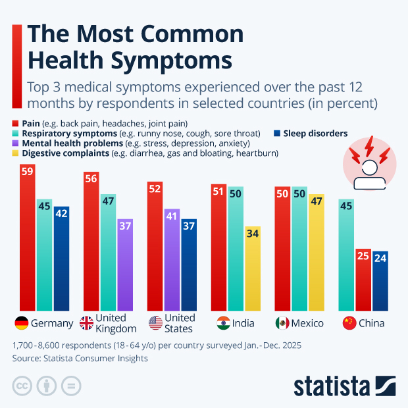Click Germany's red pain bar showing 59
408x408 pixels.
(27, 237)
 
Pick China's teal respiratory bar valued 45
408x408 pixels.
(346, 254)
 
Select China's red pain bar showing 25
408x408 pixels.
(363, 280)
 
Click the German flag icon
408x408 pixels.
(22, 323)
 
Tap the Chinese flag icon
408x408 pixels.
(350, 323)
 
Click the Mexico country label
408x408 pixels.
(308, 323)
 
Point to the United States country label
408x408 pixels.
(180, 323)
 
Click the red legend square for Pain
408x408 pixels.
(16, 123)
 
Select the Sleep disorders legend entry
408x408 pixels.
(314, 134)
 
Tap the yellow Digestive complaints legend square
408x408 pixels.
(16, 153)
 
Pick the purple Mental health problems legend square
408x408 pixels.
(16, 143)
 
